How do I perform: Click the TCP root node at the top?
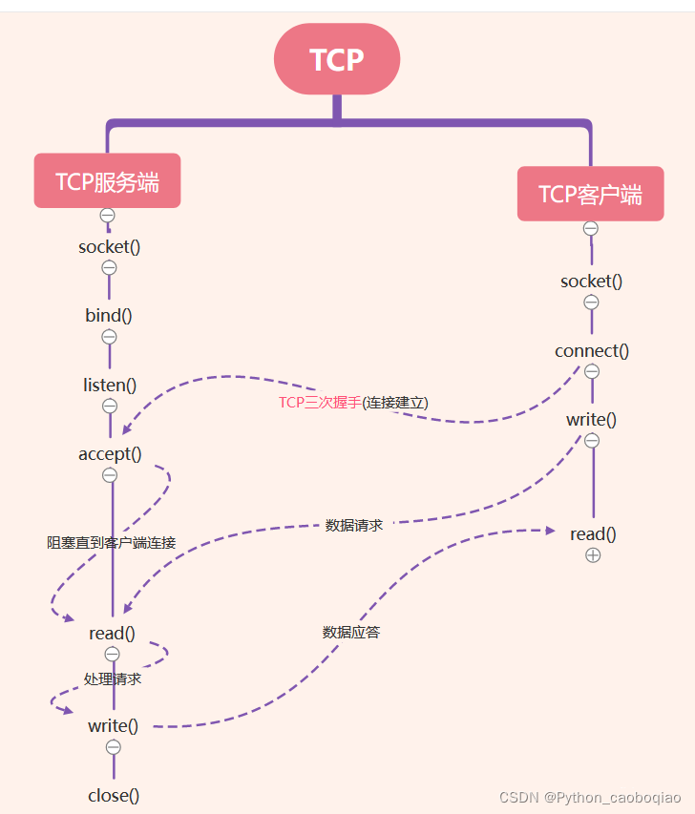[336, 59]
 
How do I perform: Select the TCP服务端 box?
[107, 181]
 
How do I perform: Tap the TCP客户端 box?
[590, 195]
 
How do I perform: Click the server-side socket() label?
[109, 246]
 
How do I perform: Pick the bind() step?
[109, 316]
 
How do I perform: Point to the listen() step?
[110, 386]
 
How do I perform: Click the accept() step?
[110, 454]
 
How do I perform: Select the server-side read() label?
[112, 633]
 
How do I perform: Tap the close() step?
[114, 795]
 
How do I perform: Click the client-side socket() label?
[591, 282]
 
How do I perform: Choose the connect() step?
[592, 350]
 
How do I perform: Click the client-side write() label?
[591, 419]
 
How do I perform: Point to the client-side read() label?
[593, 533]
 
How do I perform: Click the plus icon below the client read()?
[593, 554]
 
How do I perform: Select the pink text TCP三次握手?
[320, 403]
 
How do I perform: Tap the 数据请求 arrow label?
[354, 525]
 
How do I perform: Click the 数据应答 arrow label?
[351, 632]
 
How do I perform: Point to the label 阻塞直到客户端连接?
[112, 542]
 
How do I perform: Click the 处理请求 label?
[113, 679]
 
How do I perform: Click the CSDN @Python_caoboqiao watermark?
[590, 797]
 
